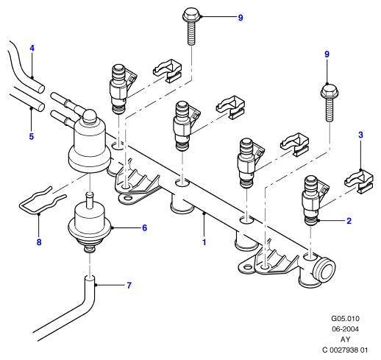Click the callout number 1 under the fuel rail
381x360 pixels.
click(204, 242)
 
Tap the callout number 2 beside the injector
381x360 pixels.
click(349, 221)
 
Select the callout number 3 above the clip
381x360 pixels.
click(360, 135)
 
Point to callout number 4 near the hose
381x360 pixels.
click(32, 49)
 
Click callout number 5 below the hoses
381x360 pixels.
click(32, 136)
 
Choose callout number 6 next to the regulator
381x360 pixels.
click(145, 228)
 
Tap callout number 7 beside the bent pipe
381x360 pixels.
click(129, 286)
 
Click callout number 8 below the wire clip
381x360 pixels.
click(39, 242)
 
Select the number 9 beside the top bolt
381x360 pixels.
click(241, 18)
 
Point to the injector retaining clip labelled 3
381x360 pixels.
click(359, 182)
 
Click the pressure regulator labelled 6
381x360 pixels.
click(90, 224)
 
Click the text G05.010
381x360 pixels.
click(345, 319)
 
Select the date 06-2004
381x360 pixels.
click(345, 329)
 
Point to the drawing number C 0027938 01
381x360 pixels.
click(345, 350)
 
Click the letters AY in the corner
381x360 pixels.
click(345, 339)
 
